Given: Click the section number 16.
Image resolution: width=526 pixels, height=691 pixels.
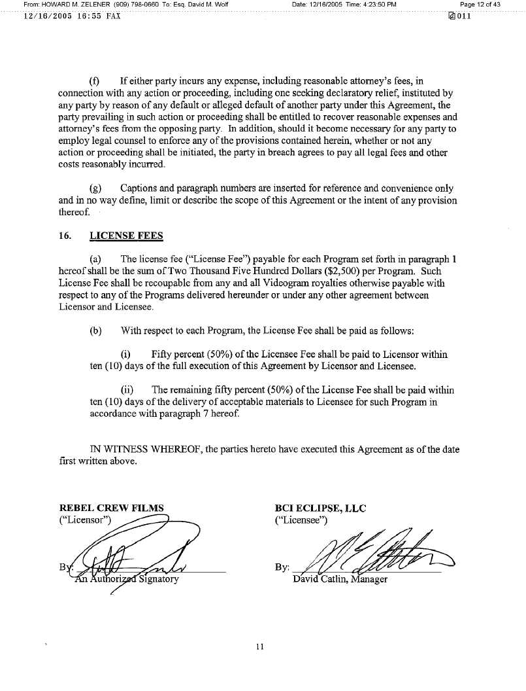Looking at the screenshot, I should click(65, 236).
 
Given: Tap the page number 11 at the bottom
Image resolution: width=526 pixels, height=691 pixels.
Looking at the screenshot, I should click(259, 647).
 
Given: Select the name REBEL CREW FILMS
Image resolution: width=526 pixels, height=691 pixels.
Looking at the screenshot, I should click(112, 508).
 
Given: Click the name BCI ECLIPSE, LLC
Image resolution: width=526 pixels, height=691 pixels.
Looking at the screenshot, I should click(321, 508).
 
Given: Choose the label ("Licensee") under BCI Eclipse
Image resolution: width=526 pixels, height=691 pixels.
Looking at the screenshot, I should click(301, 520).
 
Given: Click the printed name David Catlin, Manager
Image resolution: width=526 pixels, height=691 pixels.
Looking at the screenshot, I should click(340, 579).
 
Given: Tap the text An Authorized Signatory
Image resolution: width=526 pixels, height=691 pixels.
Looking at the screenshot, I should click(127, 579).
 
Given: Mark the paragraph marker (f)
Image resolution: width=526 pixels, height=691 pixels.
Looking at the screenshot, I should click(94, 81).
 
